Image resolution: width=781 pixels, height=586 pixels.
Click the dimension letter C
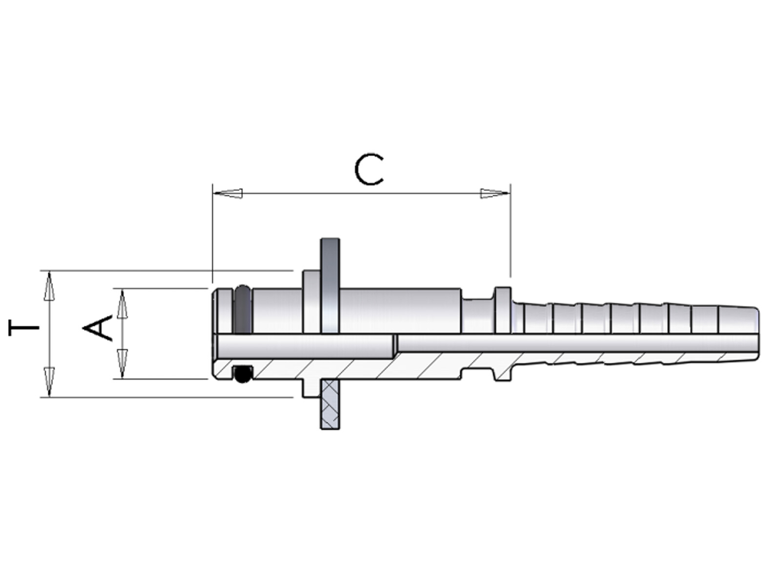click(370, 169)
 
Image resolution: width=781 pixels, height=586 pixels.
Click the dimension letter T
click(23, 328)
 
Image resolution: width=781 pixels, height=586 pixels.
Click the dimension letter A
click(98, 328)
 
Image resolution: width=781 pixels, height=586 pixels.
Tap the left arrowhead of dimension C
click(228, 193)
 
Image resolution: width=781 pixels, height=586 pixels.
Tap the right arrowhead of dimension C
click(495, 193)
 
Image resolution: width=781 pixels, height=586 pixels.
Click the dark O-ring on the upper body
click(243, 309)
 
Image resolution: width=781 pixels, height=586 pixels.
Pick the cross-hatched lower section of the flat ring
click(330, 404)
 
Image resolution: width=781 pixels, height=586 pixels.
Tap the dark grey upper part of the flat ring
click(330, 286)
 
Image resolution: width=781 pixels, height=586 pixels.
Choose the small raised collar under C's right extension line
click(503, 310)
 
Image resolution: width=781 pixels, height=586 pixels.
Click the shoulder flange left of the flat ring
click(312, 302)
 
